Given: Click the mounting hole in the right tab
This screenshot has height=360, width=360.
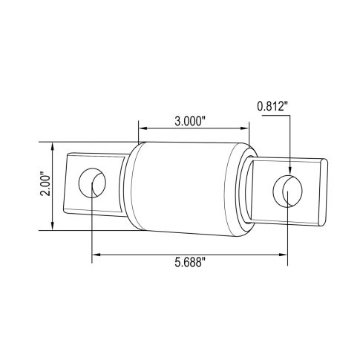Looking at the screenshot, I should pyautogui.click(x=287, y=192).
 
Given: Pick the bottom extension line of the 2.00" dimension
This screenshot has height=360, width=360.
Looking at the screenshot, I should pyautogui.click(x=82, y=232).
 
